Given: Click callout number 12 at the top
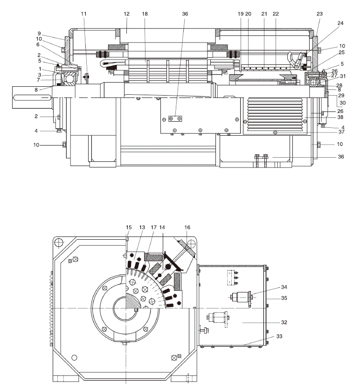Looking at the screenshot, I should click(126, 14).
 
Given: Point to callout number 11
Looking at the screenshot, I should click(83, 14).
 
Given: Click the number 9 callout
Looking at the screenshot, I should click(54, 33).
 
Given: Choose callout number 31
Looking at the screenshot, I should click(342, 76).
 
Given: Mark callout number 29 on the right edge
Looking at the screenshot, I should click(341, 95).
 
